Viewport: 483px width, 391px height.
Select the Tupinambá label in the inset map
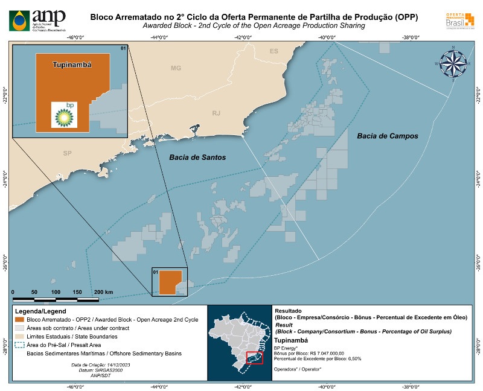pyautogui.click(x=72, y=64)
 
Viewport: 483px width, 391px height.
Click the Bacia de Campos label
pyautogui.click(x=387, y=136)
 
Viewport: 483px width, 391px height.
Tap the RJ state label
pyautogui.click(x=217, y=113)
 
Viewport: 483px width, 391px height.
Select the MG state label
pyautogui.click(x=176, y=68)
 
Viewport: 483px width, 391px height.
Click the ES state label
pyautogui.click(x=274, y=51)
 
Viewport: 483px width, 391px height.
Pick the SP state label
pyautogui.click(x=67, y=153)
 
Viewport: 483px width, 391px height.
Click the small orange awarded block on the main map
pyautogui.click(x=167, y=282)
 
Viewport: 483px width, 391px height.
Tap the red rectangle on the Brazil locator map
pyautogui.click(x=255, y=358)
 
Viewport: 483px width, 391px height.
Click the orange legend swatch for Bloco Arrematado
pyautogui.click(x=19, y=319)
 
